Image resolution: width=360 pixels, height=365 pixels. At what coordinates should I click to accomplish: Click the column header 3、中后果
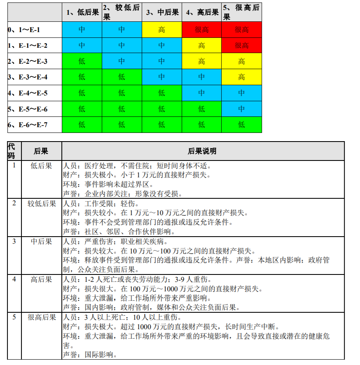point(161,12)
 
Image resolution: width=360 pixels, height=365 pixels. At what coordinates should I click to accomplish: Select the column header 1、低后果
point(82,12)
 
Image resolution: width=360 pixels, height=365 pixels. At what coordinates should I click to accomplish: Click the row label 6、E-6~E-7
point(28,125)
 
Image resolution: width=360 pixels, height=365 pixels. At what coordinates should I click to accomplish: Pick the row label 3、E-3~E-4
point(28,77)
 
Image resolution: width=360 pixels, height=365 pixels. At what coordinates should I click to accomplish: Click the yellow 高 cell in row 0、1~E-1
point(161,30)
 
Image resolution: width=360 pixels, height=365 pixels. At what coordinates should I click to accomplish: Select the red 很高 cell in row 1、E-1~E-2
point(241,45)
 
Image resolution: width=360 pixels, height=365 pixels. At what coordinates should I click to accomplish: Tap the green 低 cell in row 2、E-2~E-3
point(82,61)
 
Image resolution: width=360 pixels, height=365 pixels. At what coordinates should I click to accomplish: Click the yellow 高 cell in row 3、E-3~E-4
point(241,77)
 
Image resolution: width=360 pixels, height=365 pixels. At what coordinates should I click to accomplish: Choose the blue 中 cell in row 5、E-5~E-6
point(241,109)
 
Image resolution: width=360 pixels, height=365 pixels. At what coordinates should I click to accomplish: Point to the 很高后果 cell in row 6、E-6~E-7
point(241,125)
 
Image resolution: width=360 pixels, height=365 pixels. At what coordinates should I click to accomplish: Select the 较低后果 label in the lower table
point(42,204)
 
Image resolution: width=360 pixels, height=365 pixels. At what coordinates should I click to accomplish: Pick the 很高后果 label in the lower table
point(42,317)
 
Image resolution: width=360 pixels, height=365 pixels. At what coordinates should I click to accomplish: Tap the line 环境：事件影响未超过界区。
point(108,185)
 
